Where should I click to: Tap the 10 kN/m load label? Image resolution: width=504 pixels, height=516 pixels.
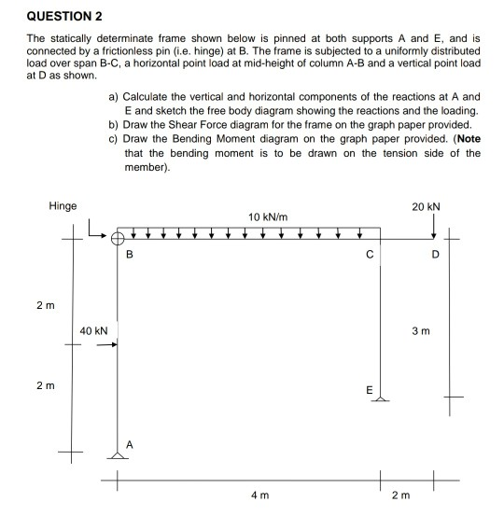click(268, 216)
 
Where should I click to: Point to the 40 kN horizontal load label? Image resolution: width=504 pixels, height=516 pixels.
click(93, 330)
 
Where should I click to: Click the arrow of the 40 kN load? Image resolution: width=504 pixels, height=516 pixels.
click(105, 344)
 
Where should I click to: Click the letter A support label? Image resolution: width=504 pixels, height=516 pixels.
click(130, 444)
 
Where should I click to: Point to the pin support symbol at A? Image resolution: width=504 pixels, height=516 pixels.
click(118, 454)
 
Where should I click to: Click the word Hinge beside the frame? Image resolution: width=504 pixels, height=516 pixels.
click(63, 206)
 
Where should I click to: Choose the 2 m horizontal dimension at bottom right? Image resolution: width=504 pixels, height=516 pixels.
click(400, 495)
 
